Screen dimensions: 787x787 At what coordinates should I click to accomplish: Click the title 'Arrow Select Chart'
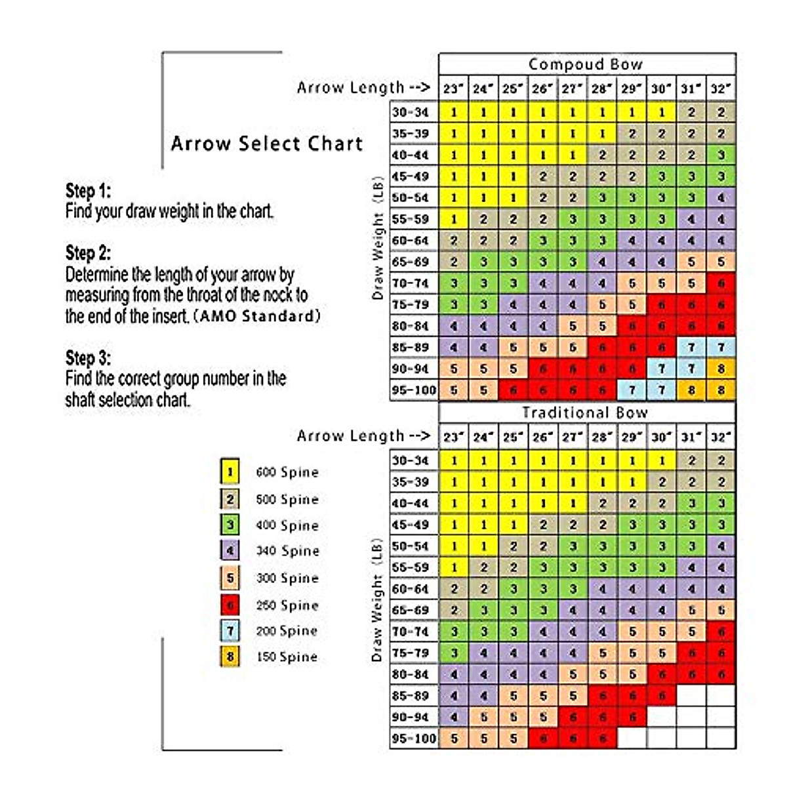coord(266,144)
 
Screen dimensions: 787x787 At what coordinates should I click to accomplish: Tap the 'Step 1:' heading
coord(88,191)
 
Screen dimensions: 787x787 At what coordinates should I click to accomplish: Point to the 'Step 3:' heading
coord(88,358)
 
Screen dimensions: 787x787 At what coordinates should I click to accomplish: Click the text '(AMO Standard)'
coord(260,317)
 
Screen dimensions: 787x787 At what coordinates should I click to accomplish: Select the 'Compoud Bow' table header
coord(586,64)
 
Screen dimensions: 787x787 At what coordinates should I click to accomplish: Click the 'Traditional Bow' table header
coord(586,413)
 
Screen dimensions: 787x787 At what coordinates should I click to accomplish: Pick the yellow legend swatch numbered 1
coord(230,472)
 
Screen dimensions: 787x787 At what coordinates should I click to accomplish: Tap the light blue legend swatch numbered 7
coord(230,631)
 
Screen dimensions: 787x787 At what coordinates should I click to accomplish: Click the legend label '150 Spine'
coord(287,657)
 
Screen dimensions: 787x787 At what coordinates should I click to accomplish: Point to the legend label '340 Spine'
coord(287,551)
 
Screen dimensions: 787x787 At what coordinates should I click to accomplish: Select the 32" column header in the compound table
coord(720,89)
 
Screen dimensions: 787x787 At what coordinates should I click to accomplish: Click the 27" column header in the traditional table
coord(572,437)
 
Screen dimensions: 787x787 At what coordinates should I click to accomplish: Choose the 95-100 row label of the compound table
coord(414,390)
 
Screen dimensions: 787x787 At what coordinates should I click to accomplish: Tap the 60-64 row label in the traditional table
coord(411,589)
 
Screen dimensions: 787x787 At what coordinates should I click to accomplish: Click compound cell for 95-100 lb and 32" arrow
coord(720,390)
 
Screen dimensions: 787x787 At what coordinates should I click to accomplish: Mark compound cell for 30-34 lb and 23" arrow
coord(453,112)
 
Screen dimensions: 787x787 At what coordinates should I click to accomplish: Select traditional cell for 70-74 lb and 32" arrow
coord(720,632)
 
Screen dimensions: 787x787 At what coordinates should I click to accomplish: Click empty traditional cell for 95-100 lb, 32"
coord(720,738)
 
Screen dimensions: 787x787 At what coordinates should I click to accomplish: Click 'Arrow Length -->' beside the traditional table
coord(363,436)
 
